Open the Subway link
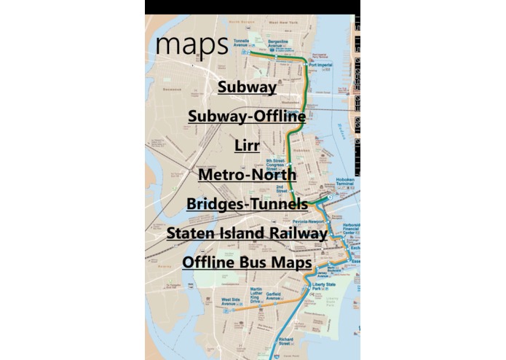tap(247, 87)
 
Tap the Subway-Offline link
tap(247, 117)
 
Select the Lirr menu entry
tap(247, 146)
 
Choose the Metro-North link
tap(247, 175)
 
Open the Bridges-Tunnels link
tap(247, 204)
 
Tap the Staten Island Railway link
tap(247, 233)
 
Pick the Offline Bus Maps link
tap(247, 262)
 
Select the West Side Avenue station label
tap(232, 300)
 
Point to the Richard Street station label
tap(286, 340)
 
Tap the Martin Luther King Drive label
tap(250, 295)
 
